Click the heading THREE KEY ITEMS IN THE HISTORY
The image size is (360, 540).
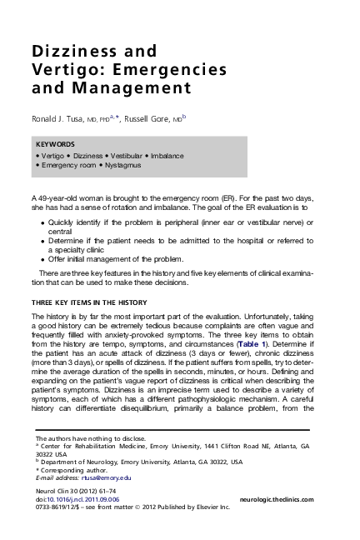[x=88, y=301]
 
